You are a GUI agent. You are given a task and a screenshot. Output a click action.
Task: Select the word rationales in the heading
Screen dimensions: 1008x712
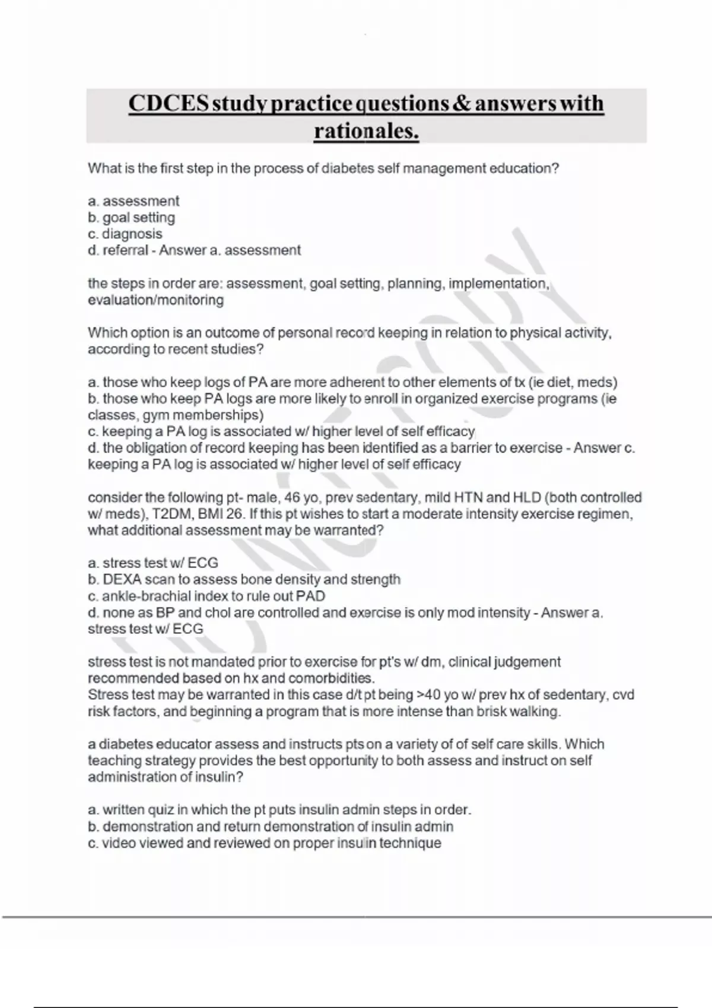365,131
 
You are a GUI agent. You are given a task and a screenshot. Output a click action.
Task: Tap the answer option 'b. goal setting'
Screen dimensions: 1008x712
131,218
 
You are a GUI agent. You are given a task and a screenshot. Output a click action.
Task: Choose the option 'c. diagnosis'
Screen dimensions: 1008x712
125,234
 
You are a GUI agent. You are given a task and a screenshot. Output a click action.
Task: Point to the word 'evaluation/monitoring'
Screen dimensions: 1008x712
155,300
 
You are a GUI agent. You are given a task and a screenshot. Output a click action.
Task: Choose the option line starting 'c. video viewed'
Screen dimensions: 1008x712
265,843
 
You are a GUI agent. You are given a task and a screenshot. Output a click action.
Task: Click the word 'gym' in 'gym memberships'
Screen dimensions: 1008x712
155,415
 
